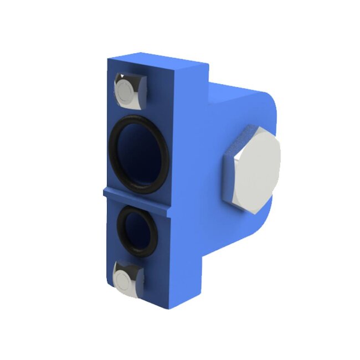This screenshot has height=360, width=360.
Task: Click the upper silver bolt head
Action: point(131,89)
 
